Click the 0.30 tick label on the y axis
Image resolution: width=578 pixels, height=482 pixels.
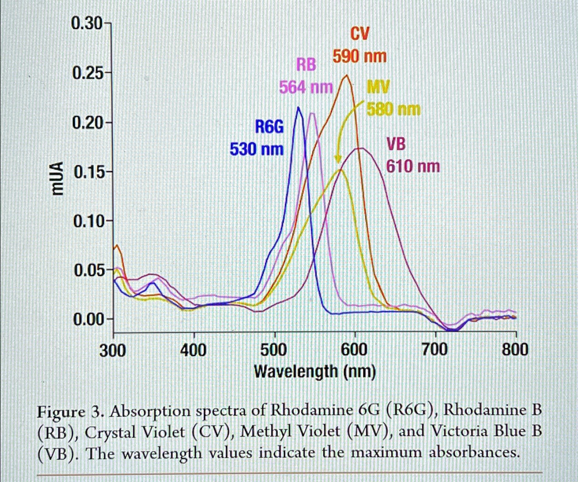[86, 25]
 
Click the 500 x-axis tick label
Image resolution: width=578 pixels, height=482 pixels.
[274, 350]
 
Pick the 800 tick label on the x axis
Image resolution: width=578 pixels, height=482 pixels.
[515, 350]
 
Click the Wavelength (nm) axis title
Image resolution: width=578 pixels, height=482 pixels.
[314, 372]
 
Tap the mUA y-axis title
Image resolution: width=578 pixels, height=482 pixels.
[56, 178]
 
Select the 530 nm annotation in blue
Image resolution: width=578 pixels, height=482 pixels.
[257, 150]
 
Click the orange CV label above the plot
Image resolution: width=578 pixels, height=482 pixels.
[360, 35]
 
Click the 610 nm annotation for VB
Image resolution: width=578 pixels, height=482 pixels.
[413, 166]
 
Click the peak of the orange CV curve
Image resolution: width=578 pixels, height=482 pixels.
[347, 75]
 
